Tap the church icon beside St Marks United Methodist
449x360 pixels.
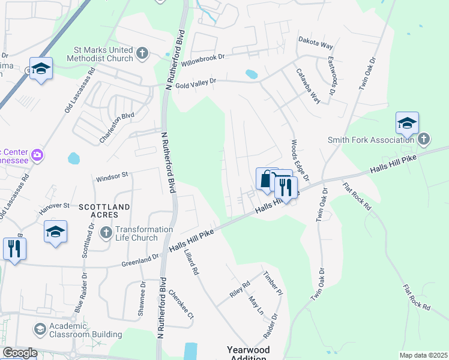[142, 54]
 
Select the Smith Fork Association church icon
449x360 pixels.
[424, 140]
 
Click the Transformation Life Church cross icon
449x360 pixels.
[106, 232]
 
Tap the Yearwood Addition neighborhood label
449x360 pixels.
[248, 353]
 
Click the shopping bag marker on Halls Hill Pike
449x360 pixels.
[267, 178]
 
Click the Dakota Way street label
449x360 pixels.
[316, 44]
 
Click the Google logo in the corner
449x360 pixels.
[19, 353]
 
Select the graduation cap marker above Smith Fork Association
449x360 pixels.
[407, 123]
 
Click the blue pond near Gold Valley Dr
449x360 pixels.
[252, 75]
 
